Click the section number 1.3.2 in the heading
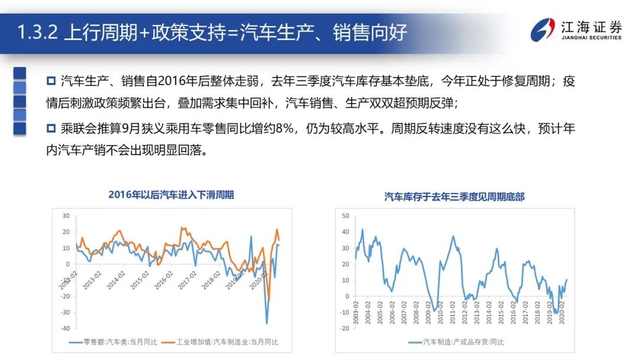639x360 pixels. [x=37, y=31]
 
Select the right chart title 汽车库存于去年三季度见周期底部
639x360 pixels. [x=454, y=196]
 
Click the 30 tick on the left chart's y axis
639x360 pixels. [x=66, y=216]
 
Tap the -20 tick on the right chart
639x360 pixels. [x=345, y=328]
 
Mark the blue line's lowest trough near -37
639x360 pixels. [x=266, y=323]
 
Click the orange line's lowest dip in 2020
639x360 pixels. [x=269, y=300]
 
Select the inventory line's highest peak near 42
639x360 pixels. [x=363, y=229]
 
